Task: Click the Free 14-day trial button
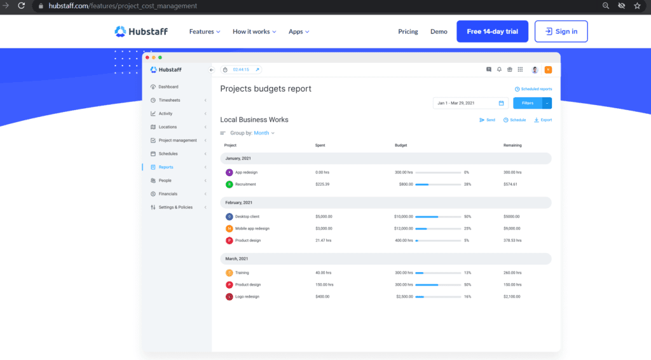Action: tap(492, 31)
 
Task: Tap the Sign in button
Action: tap(561, 31)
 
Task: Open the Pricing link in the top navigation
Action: tap(408, 32)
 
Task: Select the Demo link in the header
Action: tap(439, 32)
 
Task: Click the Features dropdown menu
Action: tap(205, 32)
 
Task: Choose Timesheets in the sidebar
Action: tap(169, 100)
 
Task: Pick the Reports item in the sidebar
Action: tap(166, 167)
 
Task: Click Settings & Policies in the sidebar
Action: tap(175, 207)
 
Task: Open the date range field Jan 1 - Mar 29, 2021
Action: tap(469, 103)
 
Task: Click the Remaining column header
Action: tap(512, 145)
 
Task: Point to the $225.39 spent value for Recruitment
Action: tap(322, 184)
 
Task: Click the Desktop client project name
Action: tap(247, 216)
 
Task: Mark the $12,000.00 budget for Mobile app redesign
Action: tap(403, 228)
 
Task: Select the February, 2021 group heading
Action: tap(239, 202)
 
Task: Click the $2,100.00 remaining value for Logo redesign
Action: tap(512, 296)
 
